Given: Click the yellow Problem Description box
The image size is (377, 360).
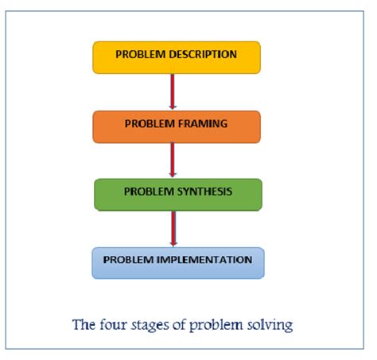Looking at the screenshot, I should tap(176, 57).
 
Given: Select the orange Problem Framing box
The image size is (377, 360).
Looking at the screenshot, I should tap(176, 126).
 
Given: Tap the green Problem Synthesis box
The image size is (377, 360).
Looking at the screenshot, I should tap(177, 194).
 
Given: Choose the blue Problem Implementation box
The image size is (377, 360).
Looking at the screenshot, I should tap(177, 262).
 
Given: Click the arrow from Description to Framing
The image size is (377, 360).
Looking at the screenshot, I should tap(172, 92).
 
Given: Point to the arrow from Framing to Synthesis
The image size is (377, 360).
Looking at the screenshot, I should tap(172, 161).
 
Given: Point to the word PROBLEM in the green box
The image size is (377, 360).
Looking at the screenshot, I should tap(149, 192).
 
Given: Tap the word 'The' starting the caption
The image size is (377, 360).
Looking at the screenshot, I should tap(84, 325).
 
